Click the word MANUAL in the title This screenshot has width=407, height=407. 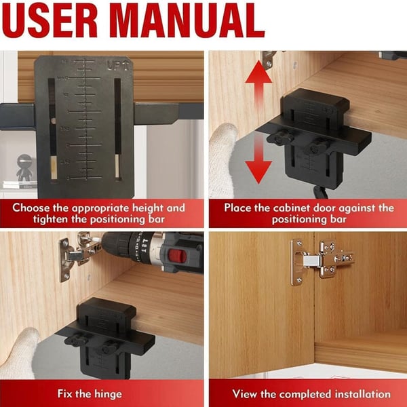click(x=194, y=22)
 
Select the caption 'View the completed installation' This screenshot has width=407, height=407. click(x=311, y=393)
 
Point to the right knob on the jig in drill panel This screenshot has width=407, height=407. click(x=109, y=349)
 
